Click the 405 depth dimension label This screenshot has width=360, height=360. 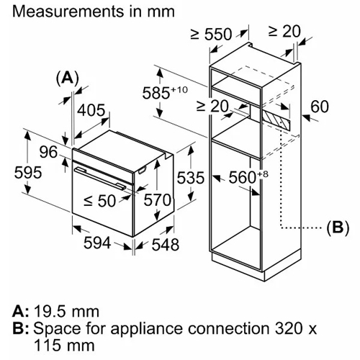click(91, 110)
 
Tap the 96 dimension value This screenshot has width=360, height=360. click(48, 152)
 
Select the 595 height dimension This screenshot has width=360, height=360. click(28, 172)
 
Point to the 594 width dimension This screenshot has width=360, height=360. click(97, 243)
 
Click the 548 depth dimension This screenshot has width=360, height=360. click(166, 245)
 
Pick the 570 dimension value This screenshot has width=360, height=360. click(158, 199)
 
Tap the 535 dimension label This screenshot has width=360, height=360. click(191, 178)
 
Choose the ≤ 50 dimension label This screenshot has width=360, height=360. click(100, 201)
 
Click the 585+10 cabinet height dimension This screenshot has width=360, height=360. click(165, 92)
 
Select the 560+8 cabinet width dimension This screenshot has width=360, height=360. click(248, 177)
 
